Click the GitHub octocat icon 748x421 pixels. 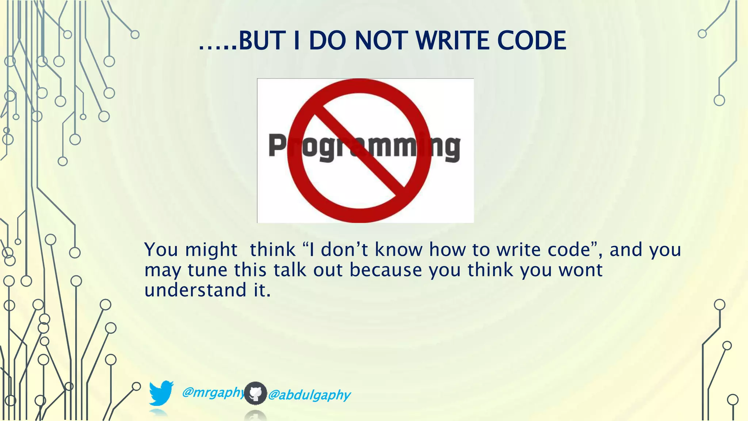click(255, 393)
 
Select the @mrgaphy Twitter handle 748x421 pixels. click(213, 392)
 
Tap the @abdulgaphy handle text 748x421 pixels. click(309, 395)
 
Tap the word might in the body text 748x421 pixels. click(211, 250)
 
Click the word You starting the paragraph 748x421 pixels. click(161, 250)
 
